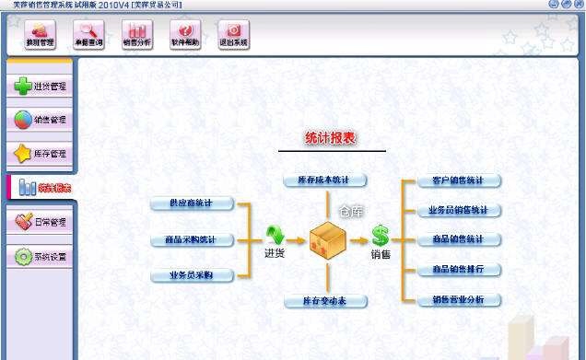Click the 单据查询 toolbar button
pyautogui.click(x=88, y=35)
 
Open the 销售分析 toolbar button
pyautogui.click(x=136, y=35)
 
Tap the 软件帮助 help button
pyautogui.click(x=185, y=35)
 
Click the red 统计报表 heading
pyautogui.click(x=331, y=138)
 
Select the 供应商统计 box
pyautogui.click(x=193, y=203)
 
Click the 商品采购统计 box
pyautogui.click(x=193, y=240)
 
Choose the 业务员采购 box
pyautogui.click(x=193, y=274)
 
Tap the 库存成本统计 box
pyautogui.click(x=325, y=180)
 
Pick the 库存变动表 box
pyautogui.click(x=325, y=301)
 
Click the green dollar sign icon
pyautogui.click(x=380, y=236)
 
